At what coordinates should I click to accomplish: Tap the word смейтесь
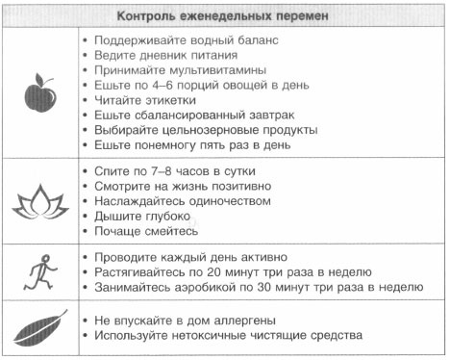(x=171, y=232)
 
